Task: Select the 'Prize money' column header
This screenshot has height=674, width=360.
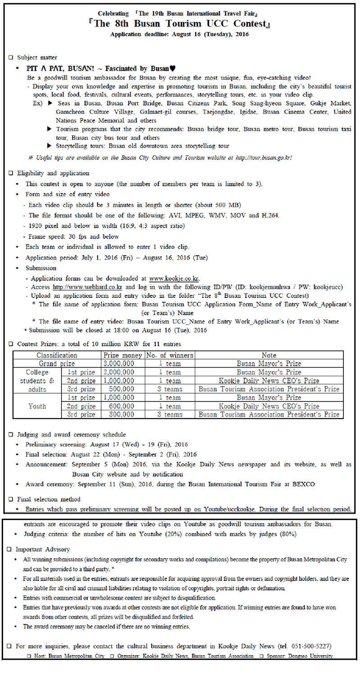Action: point(122,355)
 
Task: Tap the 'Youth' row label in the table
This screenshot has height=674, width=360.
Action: point(37,406)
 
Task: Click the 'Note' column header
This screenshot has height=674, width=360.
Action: point(269,355)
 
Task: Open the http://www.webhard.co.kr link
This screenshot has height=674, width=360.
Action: point(88,287)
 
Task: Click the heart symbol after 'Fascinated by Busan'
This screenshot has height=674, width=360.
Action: point(173,69)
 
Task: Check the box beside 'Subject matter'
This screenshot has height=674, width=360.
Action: point(11,58)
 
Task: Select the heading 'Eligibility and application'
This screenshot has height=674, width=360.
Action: point(53,173)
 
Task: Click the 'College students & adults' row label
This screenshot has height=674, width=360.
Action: point(37,381)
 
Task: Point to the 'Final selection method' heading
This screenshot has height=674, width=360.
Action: point(49,499)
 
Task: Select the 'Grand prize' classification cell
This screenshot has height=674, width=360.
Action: point(56,364)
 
